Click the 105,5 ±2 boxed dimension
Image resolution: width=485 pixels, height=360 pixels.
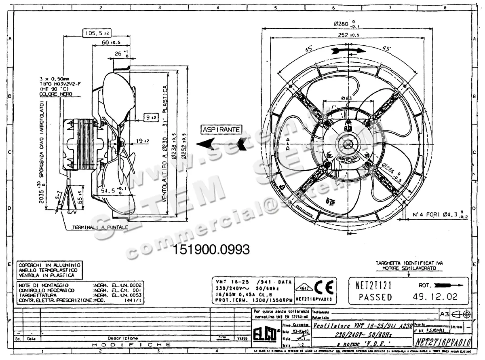[97, 33]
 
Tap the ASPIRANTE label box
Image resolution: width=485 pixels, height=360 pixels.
[222, 129]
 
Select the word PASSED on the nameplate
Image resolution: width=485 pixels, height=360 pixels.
[375, 297]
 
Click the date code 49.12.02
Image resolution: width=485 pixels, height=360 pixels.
[435, 297]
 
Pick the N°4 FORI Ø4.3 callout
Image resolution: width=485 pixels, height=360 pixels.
[436, 214]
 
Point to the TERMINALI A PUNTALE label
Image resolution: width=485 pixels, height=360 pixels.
[100, 227]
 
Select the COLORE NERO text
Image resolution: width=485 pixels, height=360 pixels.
[56, 94]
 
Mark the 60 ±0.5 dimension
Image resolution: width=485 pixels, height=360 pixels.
[108, 42]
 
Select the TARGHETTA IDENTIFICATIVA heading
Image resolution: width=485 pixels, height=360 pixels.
[409, 263]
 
